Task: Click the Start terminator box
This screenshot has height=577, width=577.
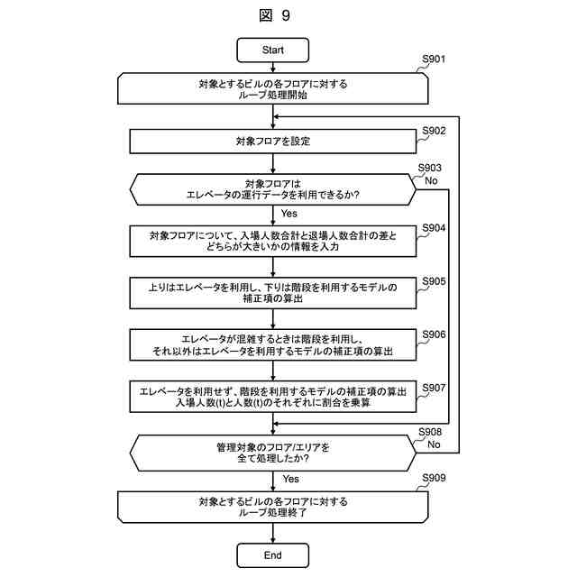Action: (x=272, y=50)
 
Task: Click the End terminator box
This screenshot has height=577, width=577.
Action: (x=272, y=554)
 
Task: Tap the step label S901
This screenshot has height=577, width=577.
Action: (x=435, y=60)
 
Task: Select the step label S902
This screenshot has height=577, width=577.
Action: (x=435, y=131)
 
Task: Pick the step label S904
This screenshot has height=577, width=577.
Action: (x=435, y=227)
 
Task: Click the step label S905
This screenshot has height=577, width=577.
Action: (x=435, y=280)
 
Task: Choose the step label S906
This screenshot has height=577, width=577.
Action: (x=435, y=334)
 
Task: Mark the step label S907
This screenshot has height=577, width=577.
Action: (x=435, y=387)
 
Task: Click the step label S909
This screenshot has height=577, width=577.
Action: (x=435, y=478)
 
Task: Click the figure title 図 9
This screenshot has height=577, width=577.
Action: (x=273, y=15)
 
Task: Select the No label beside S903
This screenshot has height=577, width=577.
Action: (x=432, y=180)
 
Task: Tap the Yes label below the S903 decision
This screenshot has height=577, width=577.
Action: (x=289, y=214)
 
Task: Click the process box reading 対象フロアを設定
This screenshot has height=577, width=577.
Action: (x=272, y=142)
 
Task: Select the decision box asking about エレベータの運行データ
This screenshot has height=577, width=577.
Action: (x=272, y=188)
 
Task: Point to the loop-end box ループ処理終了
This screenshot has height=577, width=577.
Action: (x=272, y=506)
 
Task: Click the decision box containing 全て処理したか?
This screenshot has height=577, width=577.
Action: (x=272, y=453)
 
